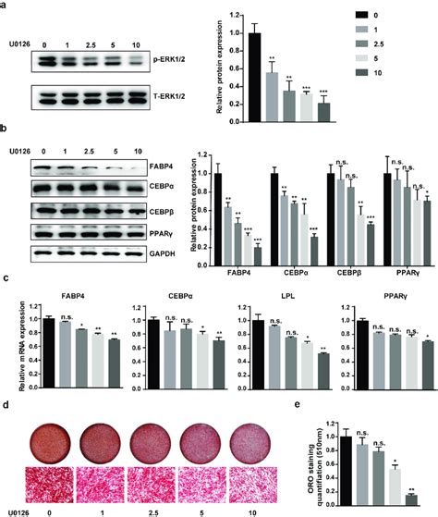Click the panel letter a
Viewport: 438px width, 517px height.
[6, 6]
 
